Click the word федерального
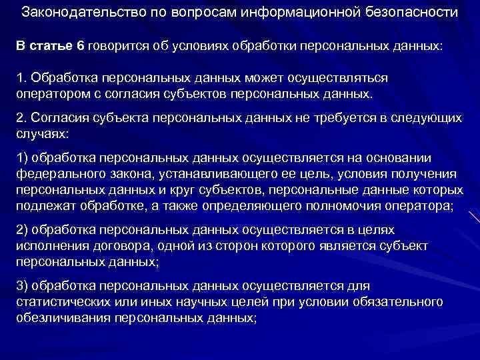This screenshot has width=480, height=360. tap(59, 174)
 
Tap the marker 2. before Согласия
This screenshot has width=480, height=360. tap(22, 118)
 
